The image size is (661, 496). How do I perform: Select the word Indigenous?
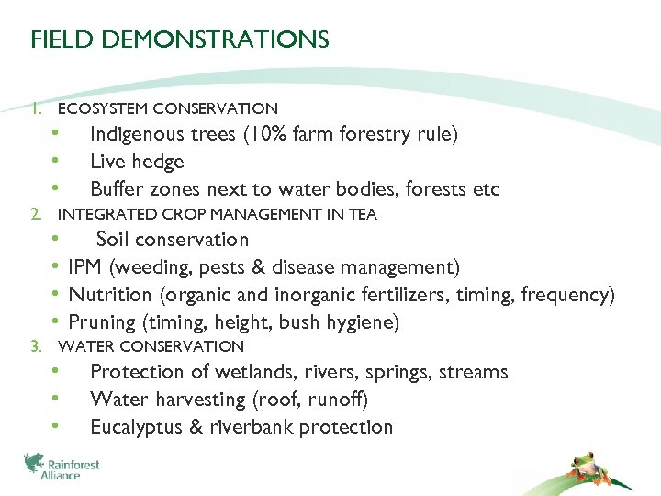click(x=136, y=134)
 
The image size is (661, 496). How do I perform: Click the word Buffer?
click(x=113, y=189)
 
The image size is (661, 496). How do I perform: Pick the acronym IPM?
click(x=85, y=267)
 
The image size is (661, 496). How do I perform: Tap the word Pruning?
click(x=102, y=322)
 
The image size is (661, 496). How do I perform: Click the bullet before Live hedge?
click(x=56, y=162)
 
